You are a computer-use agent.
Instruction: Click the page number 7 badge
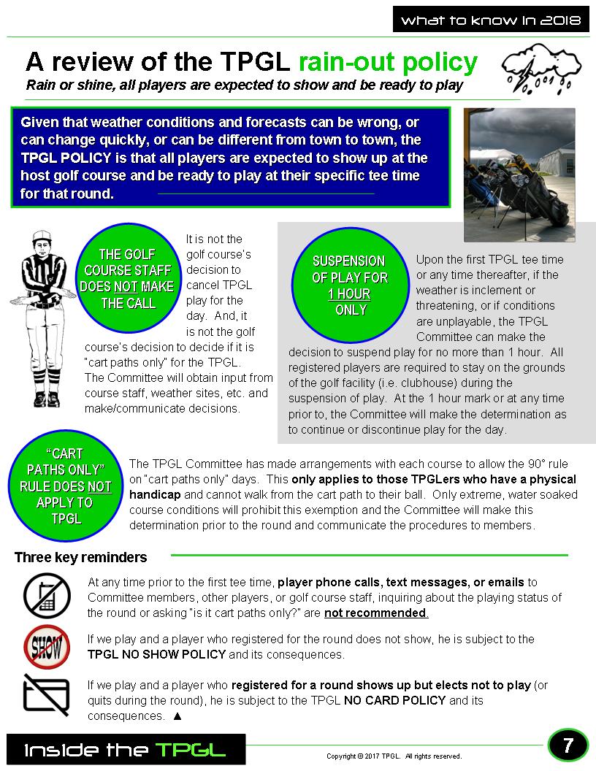click(x=568, y=745)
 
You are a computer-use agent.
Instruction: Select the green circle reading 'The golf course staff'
click(x=127, y=278)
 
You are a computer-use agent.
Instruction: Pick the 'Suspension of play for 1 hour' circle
click(x=349, y=285)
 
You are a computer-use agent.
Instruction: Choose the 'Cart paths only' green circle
click(x=65, y=486)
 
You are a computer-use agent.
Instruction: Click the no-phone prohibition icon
click(x=47, y=595)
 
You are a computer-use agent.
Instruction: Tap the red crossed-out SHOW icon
click(x=47, y=646)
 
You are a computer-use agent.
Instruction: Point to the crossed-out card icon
click(x=47, y=694)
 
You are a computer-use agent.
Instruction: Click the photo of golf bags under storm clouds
click(x=519, y=174)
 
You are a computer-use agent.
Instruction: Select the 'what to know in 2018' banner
click(x=490, y=20)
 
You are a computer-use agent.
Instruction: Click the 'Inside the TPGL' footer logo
click(x=125, y=750)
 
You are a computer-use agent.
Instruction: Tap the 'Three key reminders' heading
click(x=80, y=558)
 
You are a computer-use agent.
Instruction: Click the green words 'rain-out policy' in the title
click(x=389, y=61)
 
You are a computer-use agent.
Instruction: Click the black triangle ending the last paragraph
click(x=177, y=716)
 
